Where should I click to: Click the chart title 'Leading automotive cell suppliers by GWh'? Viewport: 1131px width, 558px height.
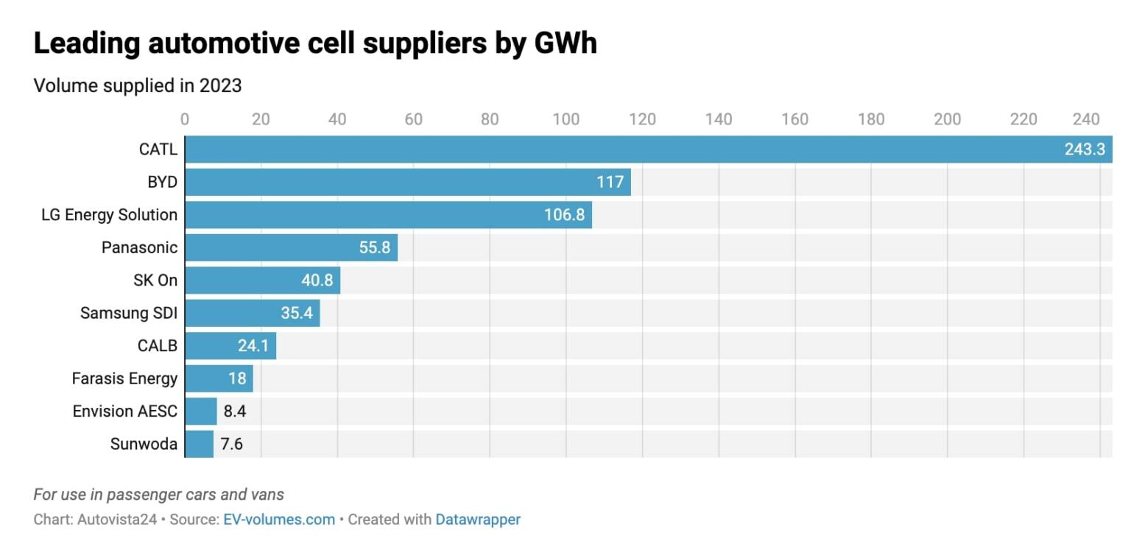pyautogui.click(x=315, y=43)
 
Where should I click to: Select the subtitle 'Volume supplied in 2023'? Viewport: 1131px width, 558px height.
pyautogui.click(x=138, y=85)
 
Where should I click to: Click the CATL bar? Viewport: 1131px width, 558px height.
pyautogui.click(x=619, y=149)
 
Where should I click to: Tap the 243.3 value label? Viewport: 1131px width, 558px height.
pyautogui.click(x=1084, y=149)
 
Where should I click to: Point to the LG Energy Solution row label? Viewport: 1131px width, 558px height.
pyautogui.click(x=109, y=215)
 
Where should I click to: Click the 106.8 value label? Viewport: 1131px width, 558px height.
pyautogui.click(x=564, y=215)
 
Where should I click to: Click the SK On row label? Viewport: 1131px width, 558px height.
pyautogui.click(x=155, y=280)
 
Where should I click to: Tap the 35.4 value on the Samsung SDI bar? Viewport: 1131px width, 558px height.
pyautogui.click(x=297, y=313)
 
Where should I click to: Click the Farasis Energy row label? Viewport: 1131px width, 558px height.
pyautogui.click(x=124, y=378)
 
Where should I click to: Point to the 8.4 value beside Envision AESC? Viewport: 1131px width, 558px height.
pyautogui.click(x=235, y=412)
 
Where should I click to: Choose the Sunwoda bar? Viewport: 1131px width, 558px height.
pyautogui.click(x=199, y=444)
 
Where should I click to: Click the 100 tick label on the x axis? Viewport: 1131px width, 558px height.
pyautogui.click(x=565, y=119)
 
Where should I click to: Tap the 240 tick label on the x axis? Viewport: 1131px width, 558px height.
pyautogui.click(x=1085, y=119)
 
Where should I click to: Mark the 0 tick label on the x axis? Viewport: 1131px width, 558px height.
pyautogui.click(x=184, y=119)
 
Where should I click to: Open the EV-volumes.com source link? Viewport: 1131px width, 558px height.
pyautogui.click(x=279, y=519)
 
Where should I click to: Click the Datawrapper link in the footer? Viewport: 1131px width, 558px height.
pyautogui.click(x=478, y=519)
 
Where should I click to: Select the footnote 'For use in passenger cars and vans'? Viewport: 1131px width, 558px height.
pyautogui.click(x=158, y=495)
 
